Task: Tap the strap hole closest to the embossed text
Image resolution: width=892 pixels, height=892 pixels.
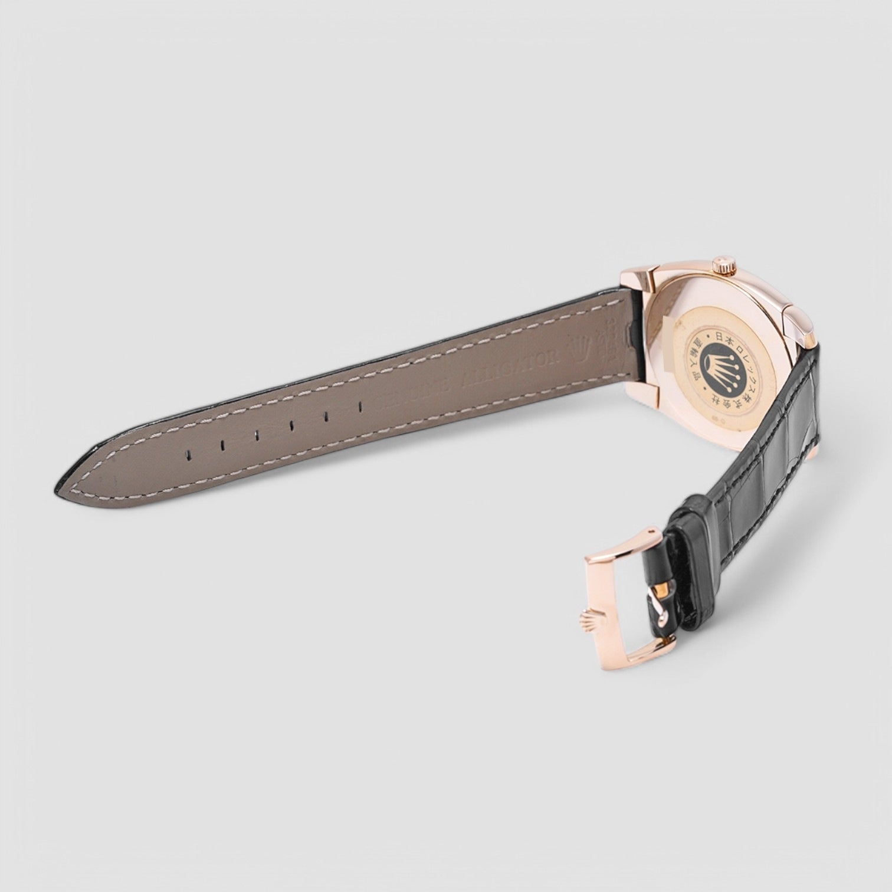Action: [x=360, y=406]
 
